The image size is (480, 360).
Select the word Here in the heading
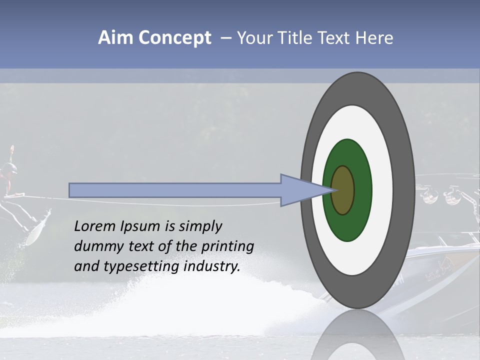coord(374,38)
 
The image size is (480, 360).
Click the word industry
coord(212,266)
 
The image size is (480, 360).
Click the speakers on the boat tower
coord(440,195)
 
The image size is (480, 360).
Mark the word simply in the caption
coord(200,226)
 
